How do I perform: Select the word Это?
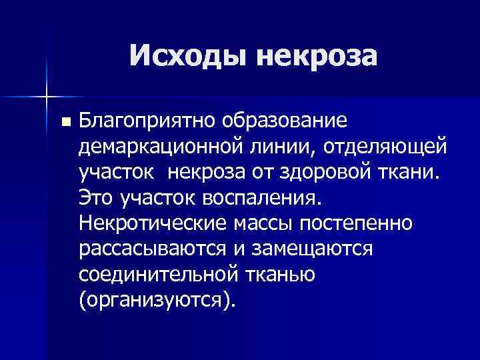(97, 197)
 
